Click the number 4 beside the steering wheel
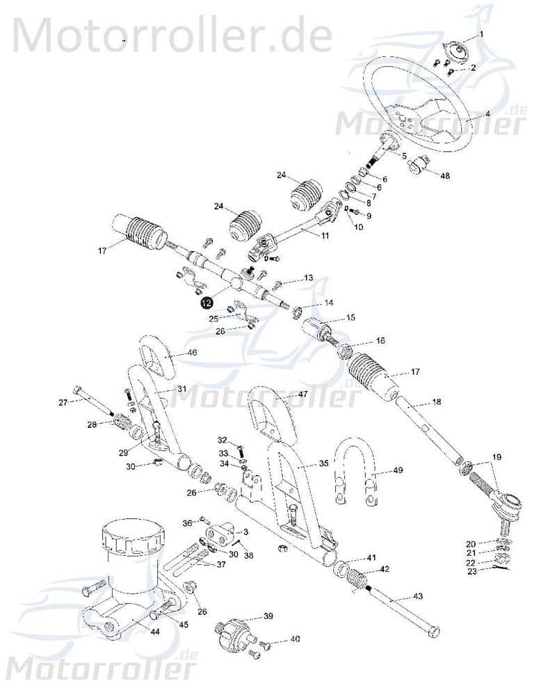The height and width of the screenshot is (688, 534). pyautogui.click(x=488, y=113)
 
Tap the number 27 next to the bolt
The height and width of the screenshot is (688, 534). pyautogui.click(x=62, y=402)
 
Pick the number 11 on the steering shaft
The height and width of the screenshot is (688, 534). pyautogui.click(x=325, y=237)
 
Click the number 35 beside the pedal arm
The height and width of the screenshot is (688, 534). pyautogui.click(x=324, y=463)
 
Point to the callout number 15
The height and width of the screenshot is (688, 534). pyautogui.click(x=351, y=317)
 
